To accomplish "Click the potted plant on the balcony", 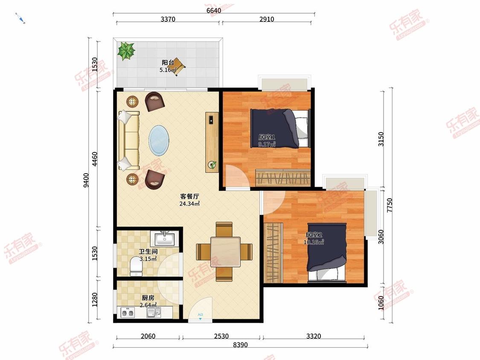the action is tap(126, 51).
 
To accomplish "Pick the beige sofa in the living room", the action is tap(129, 140).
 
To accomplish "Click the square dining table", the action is tap(225, 252).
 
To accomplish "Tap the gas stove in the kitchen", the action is tap(128, 313).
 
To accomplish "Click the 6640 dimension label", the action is tap(214, 11).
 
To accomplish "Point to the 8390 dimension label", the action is tap(240, 345).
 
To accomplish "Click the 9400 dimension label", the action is tap(86, 180).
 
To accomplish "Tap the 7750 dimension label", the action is tap(389, 206).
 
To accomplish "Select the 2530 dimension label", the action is tap(221, 336).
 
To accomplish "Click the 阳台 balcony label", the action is tap(168, 62).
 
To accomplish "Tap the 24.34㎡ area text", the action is tap(190, 203).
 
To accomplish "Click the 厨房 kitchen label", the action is tap(148, 298).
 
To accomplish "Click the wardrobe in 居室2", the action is tap(273, 253).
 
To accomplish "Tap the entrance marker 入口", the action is tap(201, 315).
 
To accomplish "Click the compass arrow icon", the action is tap(20, 18).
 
